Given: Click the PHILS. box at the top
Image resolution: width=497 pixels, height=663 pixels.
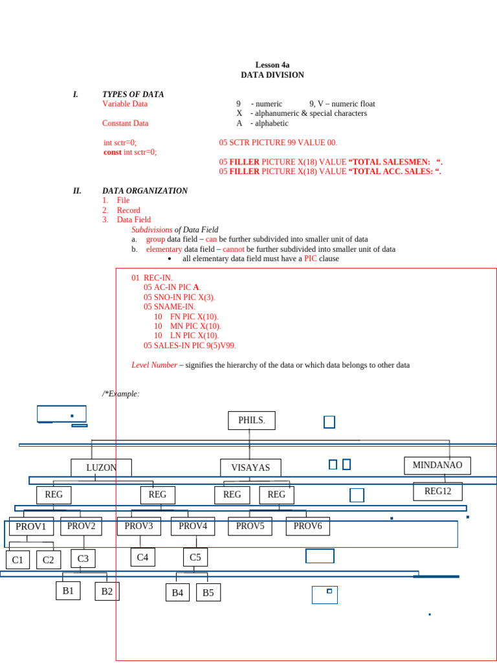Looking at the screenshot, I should [251, 420].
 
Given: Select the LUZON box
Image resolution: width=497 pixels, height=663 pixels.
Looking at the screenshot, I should [101, 467].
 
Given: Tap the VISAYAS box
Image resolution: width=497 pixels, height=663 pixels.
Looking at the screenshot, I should [245, 467].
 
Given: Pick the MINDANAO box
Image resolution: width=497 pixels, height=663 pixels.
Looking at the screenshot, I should [437, 465].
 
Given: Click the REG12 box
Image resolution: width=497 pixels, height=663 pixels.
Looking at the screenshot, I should [437, 491].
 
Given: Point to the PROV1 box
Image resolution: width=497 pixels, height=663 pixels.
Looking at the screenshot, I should [31, 526].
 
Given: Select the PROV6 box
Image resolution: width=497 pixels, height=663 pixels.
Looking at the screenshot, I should [307, 526].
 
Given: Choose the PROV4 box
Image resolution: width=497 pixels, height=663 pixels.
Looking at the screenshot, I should [193, 526].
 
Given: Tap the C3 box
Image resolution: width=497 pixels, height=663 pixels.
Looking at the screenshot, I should [83, 558].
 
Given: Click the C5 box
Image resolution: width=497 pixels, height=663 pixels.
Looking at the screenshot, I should [195, 557].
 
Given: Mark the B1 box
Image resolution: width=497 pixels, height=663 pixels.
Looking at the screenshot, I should [68, 590].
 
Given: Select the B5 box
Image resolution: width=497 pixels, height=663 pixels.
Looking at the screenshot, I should [208, 592].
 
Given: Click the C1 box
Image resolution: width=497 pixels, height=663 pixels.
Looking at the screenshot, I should [17, 559].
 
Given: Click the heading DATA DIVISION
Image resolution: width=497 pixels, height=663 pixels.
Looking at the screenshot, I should [272, 75].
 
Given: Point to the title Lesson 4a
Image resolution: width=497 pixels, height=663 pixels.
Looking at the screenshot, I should [272, 65].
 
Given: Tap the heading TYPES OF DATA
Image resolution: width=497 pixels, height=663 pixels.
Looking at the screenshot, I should [133, 95].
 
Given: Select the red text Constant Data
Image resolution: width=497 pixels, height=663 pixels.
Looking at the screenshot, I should [125, 123].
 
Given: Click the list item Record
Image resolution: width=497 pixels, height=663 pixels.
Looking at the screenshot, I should [128, 210].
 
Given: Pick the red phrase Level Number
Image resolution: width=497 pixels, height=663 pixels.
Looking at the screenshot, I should [154, 365].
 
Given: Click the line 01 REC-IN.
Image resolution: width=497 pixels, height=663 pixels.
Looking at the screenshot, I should [151, 278].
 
